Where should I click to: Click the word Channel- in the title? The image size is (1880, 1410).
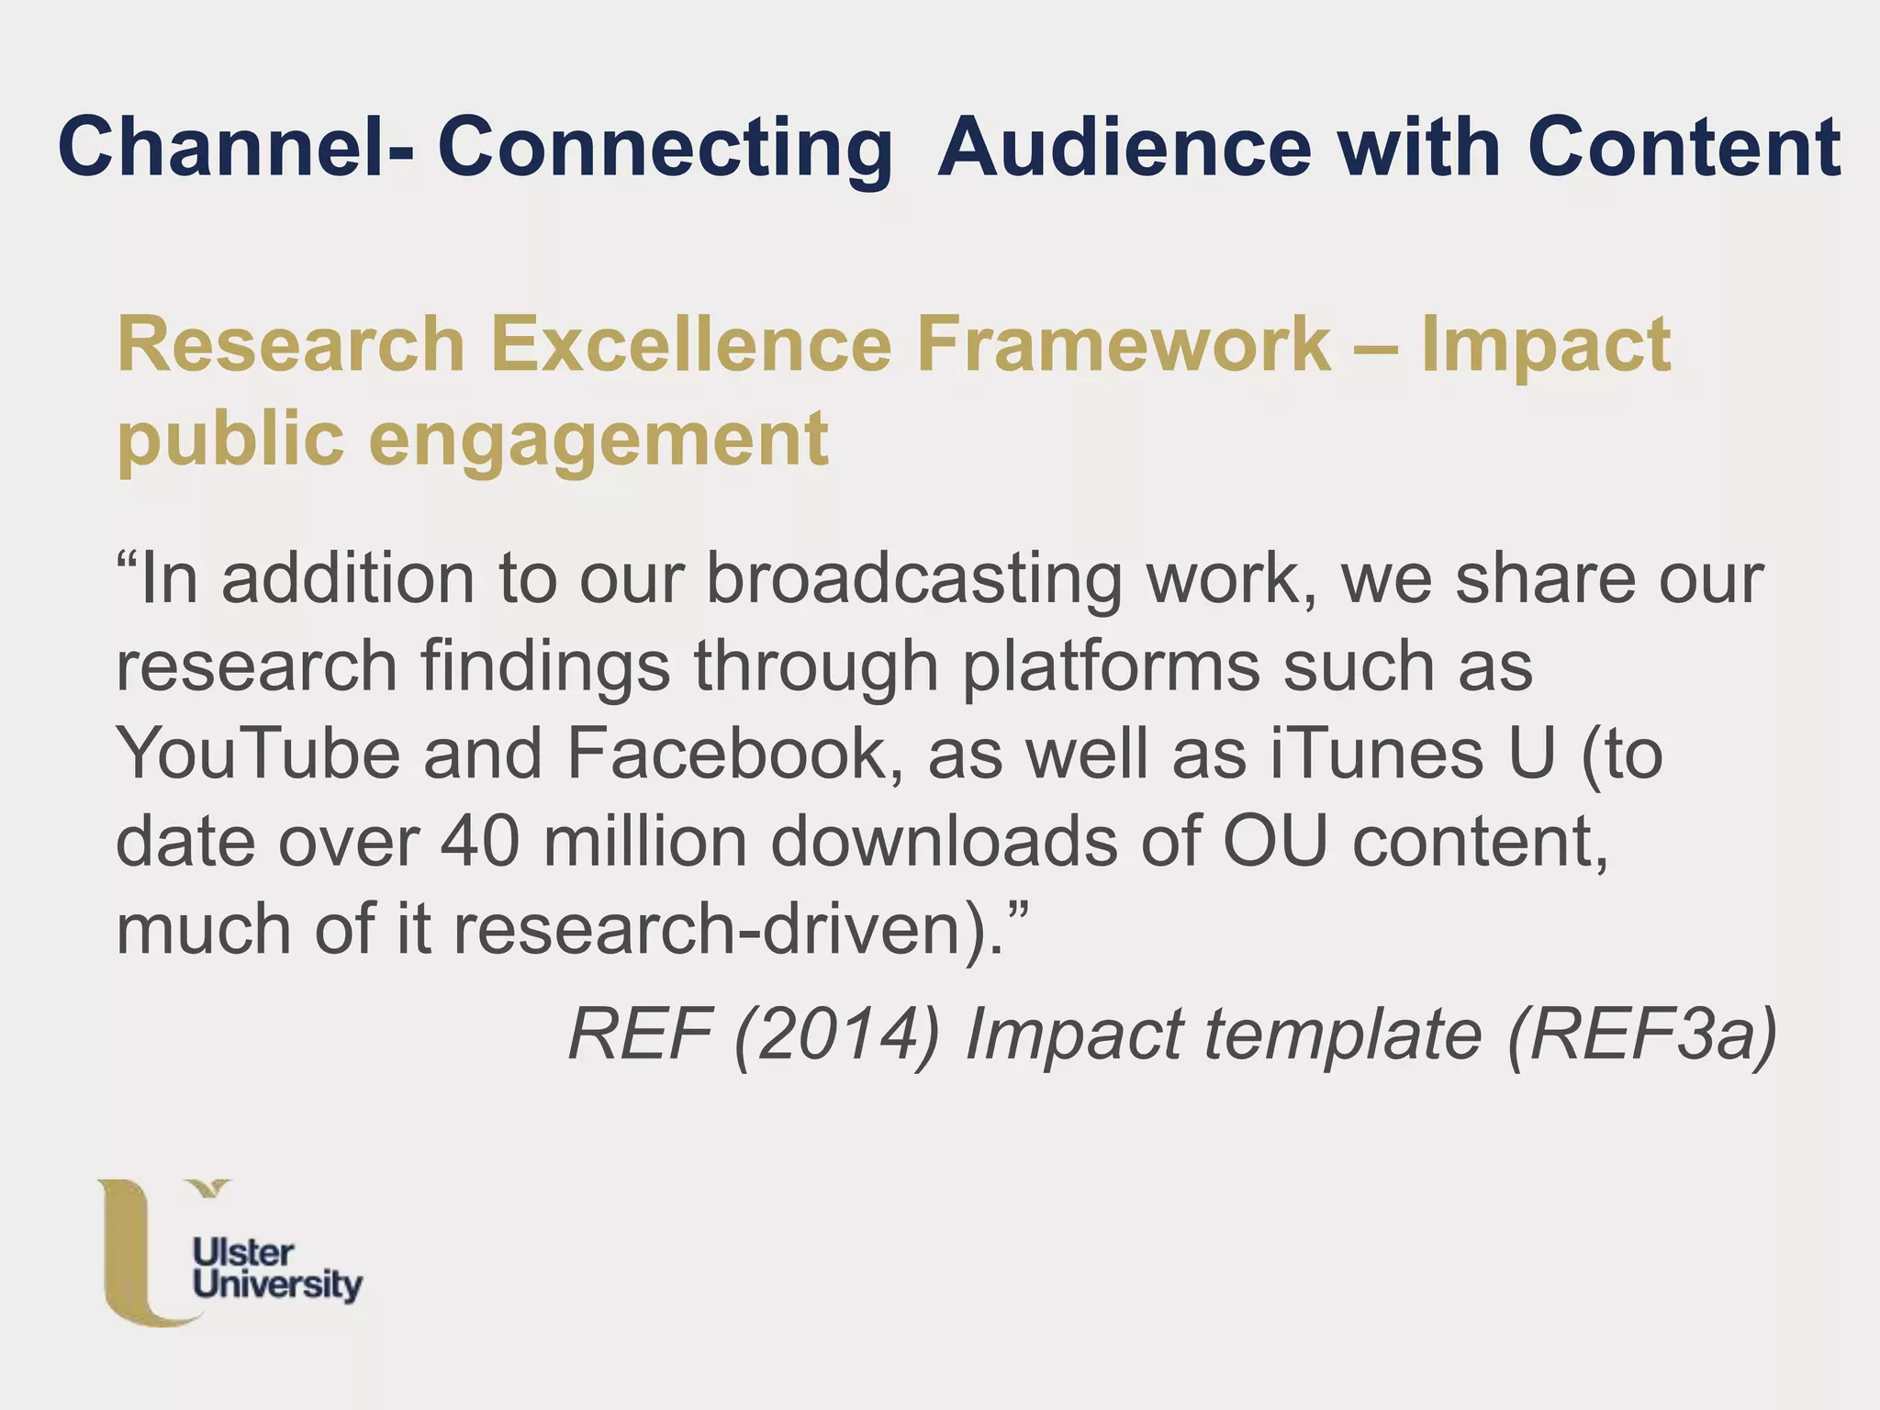click(x=235, y=147)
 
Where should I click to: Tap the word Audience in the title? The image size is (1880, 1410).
click(x=1124, y=147)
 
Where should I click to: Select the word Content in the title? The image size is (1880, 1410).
click(x=1684, y=147)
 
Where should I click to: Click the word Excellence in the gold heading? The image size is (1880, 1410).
click(x=690, y=345)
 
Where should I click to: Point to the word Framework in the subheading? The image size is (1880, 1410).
click(x=1124, y=345)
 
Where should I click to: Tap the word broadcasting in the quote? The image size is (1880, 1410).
click(x=913, y=581)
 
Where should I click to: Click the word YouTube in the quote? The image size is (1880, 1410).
click(x=258, y=755)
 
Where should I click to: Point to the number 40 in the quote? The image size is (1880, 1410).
click(x=479, y=842)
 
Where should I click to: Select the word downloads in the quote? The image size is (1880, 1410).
click(x=944, y=842)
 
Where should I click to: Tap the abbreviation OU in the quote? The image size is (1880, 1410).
click(x=1275, y=842)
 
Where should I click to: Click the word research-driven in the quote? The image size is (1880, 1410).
click(x=722, y=929)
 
